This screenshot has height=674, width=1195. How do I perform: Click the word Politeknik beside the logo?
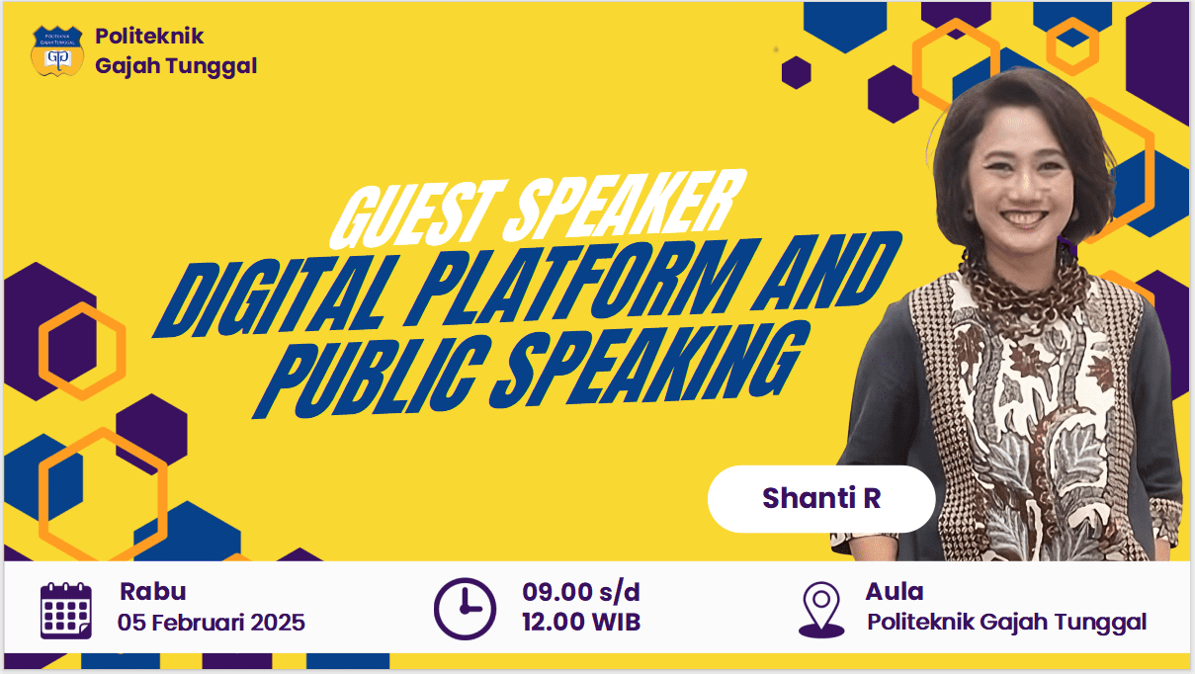(149, 37)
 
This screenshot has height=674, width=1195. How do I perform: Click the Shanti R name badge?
(820, 498)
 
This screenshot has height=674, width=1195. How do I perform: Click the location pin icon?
(821, 609)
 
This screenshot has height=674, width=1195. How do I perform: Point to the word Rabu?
(152, 592)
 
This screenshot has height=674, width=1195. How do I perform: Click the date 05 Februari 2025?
(212, 623)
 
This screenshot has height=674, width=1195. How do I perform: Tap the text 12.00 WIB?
(581, 623)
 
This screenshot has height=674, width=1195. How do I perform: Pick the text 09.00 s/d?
(581, 592)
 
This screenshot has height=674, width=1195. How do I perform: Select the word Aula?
(894, 592)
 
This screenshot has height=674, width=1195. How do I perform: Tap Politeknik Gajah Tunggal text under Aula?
(1006, 623)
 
